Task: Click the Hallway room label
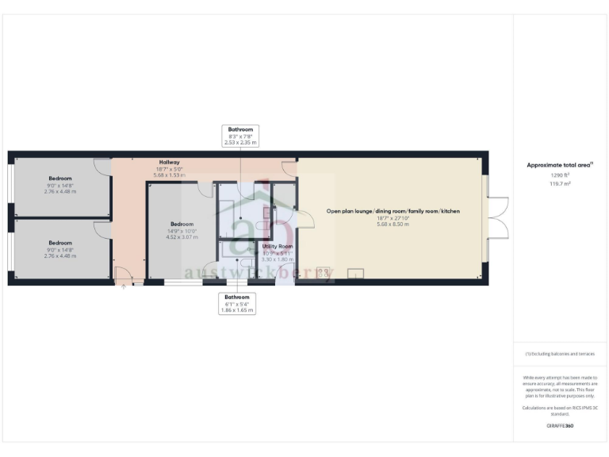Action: click(169, 162)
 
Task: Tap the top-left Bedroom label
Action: click(60, 178)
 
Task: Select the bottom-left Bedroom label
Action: click(60, 243)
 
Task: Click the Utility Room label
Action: click(278, 247)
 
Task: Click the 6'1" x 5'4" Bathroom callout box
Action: click(237, 304)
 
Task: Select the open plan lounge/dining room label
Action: click(393, 212)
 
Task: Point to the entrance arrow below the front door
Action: click(124, 287)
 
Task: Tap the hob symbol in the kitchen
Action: click(324, 272)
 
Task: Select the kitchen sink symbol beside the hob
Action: click(354, 274)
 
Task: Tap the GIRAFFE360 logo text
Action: click(560, 426)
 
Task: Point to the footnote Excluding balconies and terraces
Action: click(560, 354)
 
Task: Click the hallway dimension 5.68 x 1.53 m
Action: click(169, 175)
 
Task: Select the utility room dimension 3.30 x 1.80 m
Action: click(278, 259)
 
